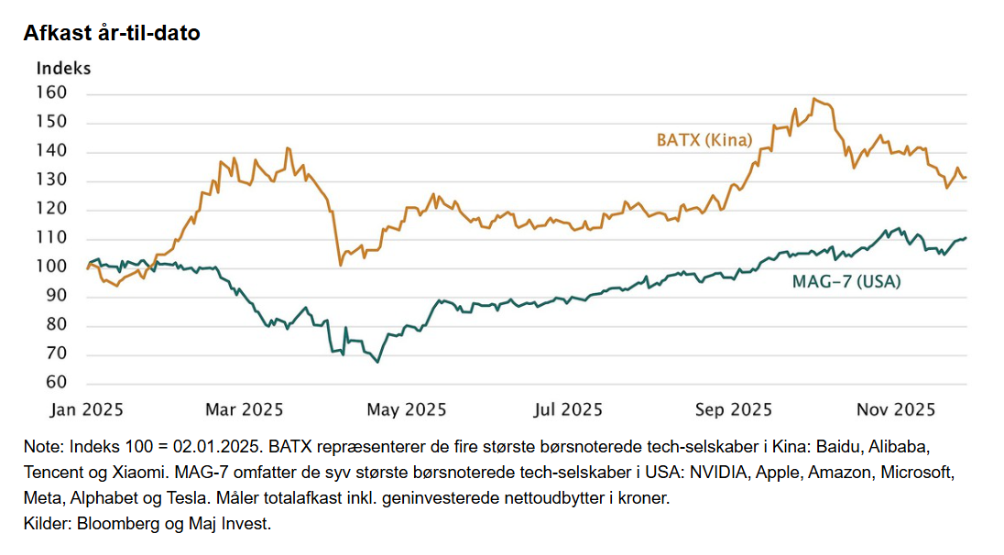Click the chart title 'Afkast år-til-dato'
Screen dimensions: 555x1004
coord(113,33)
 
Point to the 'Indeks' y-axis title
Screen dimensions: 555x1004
coord(63,68)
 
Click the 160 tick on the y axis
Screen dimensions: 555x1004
coord(51,93)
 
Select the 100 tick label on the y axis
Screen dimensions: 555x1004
coord(51,267)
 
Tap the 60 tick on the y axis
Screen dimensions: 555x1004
coord(56,383)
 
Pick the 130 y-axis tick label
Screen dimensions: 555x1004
coord(51,180)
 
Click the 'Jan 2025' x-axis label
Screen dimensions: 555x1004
coord(88,409)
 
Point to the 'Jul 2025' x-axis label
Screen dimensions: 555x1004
coord(570,409)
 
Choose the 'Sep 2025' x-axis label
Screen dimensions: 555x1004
coord(733,409)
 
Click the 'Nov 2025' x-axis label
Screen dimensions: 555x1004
coord(895,409)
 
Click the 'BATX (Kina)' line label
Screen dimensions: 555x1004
coord(704,140)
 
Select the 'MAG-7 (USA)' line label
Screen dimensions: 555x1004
coord(846,282)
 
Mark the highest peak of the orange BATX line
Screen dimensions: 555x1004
coord(814,99)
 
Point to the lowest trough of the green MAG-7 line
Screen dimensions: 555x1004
coord(377,362)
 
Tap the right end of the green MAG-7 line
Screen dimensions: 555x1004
coord(966,238)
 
